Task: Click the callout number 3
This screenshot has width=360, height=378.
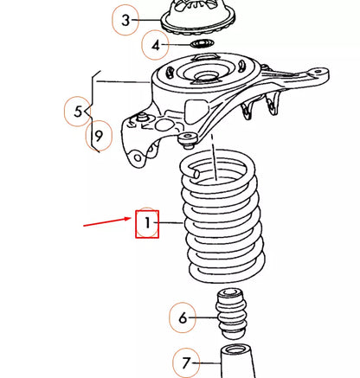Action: click(126, 20)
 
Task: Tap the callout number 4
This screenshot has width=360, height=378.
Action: click(155, 44)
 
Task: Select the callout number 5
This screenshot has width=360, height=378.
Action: click(77, 111)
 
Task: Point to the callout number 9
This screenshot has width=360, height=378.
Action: click(99, 135)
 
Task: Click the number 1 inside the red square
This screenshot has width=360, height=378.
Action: click(147, 226)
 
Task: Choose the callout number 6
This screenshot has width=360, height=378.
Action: click(183, 318)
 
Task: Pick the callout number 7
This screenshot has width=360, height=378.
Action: click(185, 362)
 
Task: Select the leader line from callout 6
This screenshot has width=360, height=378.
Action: click(204, 317)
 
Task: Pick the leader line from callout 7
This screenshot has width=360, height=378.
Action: click(209, 362)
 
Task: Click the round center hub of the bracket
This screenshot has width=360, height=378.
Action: click(204, 75)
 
